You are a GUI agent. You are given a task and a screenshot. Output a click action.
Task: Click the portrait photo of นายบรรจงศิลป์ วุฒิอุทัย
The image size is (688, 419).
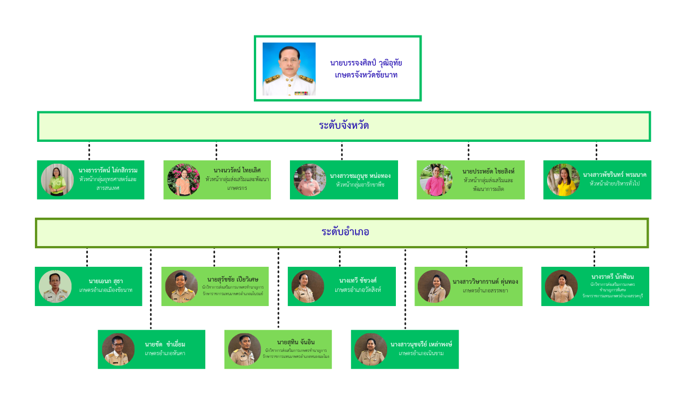tap(289, 69)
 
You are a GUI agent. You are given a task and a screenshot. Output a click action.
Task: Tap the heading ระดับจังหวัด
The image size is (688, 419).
tap(343, 125)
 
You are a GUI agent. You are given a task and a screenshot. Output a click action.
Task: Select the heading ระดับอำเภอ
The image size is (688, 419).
tap(345, 232)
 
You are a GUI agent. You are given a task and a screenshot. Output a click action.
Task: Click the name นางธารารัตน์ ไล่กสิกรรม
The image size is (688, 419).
tap(108, 170)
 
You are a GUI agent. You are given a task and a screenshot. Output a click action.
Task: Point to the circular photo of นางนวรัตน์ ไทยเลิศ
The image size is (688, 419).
tap(183, 180)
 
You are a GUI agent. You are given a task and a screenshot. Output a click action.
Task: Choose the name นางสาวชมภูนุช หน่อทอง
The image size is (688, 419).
tap(360, 176)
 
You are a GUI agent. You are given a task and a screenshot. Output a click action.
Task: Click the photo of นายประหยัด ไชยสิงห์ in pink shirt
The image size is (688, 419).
tap(436, 180)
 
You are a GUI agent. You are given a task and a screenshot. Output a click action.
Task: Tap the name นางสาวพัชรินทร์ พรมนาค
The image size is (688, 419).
tap(614, 175)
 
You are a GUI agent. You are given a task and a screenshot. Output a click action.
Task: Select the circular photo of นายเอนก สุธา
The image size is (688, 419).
tap(55, 286)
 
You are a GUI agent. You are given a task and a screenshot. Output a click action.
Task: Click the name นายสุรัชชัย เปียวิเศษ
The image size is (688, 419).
tap(233, 279)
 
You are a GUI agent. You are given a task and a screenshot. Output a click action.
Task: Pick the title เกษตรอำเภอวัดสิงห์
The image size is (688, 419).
tap(358, 290)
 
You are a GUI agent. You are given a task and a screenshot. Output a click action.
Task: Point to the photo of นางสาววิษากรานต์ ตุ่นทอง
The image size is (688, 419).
tap(434, 286)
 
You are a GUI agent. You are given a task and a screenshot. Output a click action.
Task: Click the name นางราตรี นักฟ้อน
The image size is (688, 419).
tap(612, 277)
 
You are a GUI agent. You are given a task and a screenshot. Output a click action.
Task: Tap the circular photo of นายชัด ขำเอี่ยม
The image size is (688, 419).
tap(118, 349)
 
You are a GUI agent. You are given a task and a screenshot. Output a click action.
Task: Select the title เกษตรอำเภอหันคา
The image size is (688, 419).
tap(165, 354)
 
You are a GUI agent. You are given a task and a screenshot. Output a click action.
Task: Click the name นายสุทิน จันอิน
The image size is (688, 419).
tap(295, 342)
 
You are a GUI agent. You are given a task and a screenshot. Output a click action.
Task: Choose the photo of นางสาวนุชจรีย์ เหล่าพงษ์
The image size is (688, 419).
tap(371, 349)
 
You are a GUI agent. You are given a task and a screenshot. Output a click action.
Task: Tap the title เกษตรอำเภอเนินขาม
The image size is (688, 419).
tap(421, 354)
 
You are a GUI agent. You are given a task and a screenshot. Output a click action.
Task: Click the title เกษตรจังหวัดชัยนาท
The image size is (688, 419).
tap(366, 75)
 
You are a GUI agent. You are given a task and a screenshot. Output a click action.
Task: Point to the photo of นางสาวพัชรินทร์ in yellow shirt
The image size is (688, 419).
tap(563, 180)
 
